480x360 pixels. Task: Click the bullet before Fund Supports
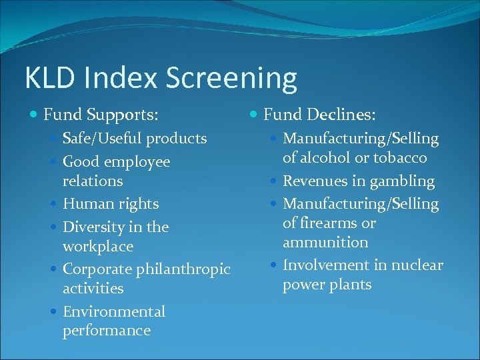(x=35, y=116)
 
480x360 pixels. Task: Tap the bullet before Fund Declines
(x=254, y=116)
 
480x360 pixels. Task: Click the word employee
(x=136, y=162)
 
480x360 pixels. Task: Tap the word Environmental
(x=114, y=311)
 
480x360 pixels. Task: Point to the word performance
(x=107, y=331)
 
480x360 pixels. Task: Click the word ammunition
(x=325, y=242)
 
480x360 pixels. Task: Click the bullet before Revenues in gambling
(x=274, y=181)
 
